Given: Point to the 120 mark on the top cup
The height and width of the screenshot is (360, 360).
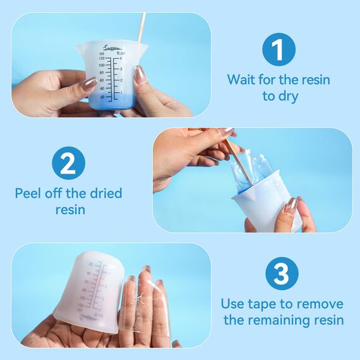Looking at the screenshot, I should (101, 59).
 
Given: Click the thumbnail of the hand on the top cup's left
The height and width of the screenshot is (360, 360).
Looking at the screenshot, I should (89, 83).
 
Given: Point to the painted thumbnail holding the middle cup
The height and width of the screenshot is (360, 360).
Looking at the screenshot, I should (291, 205).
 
